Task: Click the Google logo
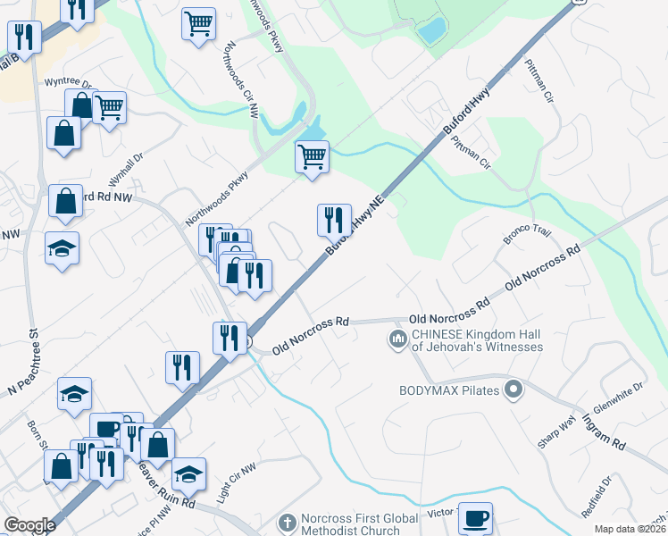point(30,525)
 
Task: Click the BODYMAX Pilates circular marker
point(513,389)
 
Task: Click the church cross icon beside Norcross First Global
point(287,521)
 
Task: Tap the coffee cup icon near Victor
point(475,518)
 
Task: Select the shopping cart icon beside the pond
point(312,156)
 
